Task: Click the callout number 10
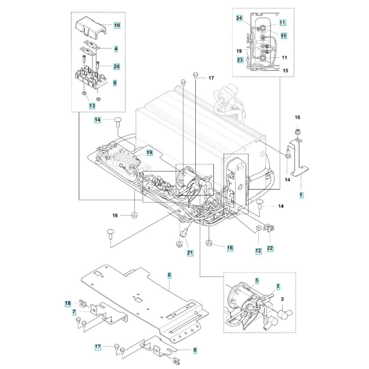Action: coord(117,25)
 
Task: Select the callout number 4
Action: coord(116,49)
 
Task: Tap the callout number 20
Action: coord(117,66)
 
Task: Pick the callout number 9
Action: coord(115,83)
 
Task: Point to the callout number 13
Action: coord(92,106)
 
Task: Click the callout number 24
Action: coord(239,18)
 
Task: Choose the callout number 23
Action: coord(240,60)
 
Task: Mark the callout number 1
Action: coord(301,195)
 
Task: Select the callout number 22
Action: coord(270,248)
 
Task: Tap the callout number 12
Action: coord(258,251)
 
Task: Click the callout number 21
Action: coord(190,253)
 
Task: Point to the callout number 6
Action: coord(169,275)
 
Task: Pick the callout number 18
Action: coord(68,304)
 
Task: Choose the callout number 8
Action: coord(195,350)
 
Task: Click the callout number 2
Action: coord(282,299)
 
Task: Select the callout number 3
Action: coord(278,286)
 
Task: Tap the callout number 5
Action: coord(257,281)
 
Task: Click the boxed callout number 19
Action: coord(149,153)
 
